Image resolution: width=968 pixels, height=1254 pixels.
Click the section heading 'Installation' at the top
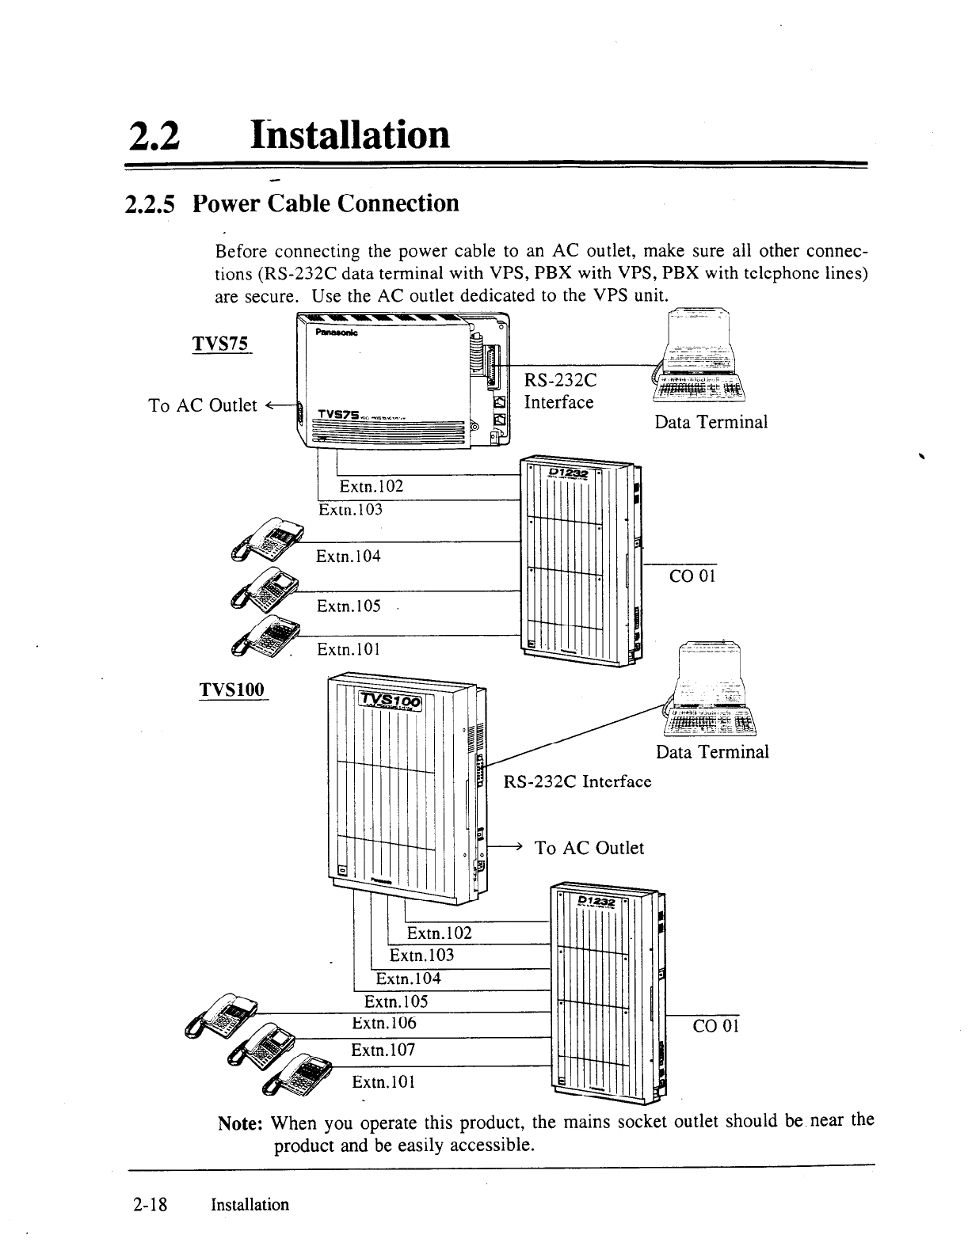tap(349, 134)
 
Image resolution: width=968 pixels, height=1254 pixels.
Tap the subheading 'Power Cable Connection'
tap(326, 203)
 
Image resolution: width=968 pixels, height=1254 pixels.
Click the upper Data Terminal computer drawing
tap(701, 356)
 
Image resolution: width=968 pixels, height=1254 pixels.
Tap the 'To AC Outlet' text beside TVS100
tap(589, 848)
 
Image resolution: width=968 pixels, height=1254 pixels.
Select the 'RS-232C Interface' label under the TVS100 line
tap(577, 782)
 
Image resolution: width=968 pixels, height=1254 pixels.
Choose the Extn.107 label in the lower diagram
tap(383, 1051)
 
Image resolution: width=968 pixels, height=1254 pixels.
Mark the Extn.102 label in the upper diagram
tap(372, 486)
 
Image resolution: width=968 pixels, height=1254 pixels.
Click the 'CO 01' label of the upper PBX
tap(692, 576)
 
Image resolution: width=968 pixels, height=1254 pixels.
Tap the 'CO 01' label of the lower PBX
tap(715, 1028)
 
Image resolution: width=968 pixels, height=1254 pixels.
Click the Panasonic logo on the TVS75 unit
tap(337, 333)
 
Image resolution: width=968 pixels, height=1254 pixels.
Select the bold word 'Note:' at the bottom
tap(242, 1123)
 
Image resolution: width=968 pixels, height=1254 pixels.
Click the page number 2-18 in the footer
tap(149, 1205)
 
